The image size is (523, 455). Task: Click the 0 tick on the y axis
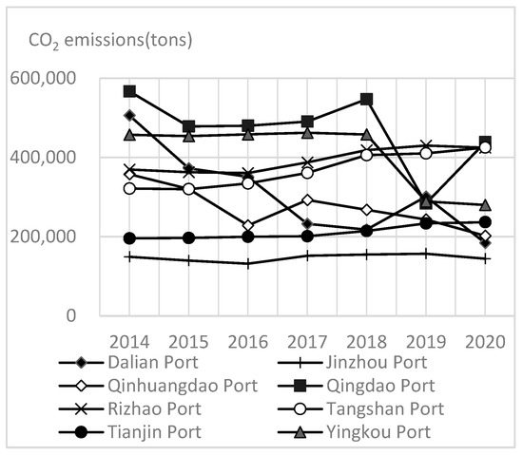coord(70,315)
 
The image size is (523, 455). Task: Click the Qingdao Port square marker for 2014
coord(129,91)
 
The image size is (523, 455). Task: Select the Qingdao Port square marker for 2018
coord(367,99)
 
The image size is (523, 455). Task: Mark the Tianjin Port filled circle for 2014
coord(129,238)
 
